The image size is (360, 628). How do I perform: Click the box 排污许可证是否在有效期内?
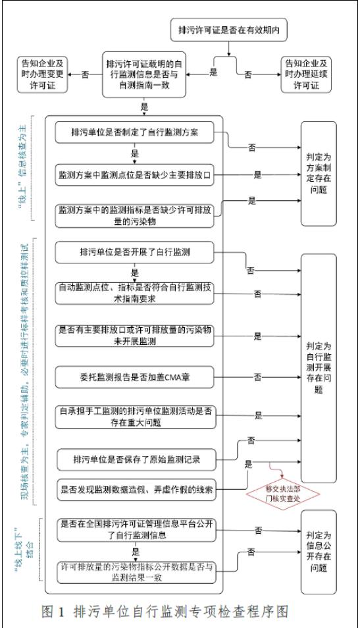click(228, 30)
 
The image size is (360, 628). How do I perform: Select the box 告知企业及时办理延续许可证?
click(306, 74)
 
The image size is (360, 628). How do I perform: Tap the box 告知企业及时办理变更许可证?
click(42, 74)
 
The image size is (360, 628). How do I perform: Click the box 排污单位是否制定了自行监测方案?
click(134, 132)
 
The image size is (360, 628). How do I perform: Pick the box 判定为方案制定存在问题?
click(319, 173)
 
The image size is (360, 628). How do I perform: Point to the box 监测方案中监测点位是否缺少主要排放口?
click(134, 175)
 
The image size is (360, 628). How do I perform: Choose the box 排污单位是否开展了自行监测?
click(134, 252)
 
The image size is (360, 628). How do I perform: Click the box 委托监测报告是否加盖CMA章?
click(135, 377)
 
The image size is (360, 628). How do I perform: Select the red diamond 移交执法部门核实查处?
click(283, 494)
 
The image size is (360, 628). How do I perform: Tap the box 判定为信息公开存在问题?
click(319, 552)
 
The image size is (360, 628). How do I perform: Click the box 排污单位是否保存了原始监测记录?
click(136, 459)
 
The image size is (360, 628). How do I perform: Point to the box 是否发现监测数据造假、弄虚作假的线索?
click(136, 489)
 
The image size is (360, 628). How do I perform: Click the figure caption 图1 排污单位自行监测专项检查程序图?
click(165, 612)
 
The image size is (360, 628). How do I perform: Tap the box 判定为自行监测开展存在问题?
click(319, 368)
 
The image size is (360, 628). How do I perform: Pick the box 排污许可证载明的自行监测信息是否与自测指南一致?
click(144, 74)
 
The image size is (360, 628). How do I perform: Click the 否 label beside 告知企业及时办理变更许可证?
click(85, 74)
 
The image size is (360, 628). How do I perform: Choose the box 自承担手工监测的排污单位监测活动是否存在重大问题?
click(136, 417)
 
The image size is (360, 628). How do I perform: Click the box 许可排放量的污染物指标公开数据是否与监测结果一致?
click(136, 572)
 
